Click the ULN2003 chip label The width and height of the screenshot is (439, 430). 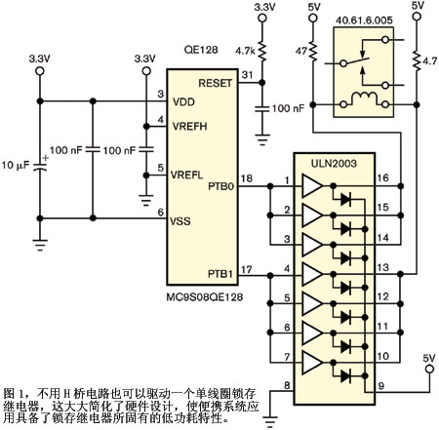pyautogui.click(x=334, y=163)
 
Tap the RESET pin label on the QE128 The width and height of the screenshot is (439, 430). pyautogui.click(x=216, y=83)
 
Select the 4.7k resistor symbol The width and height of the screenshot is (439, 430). pyautogui.click(x=262, y=51)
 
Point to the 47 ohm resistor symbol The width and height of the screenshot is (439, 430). pyautogui.click(x=313, y=51)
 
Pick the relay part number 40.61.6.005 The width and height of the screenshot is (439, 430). pyautogui.click(x=364, y=20)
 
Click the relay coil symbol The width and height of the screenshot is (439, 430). pyautogui.click(x=364, y=98)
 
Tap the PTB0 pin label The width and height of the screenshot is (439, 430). pyautogui.click(x=221, y=187)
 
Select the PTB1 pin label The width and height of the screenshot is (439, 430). pyautogui.click(x=220, y=274)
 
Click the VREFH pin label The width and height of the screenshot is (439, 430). pyautogui.click(x=190, y=127)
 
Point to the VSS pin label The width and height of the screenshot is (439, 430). pyautogui.click(x=180, y=221)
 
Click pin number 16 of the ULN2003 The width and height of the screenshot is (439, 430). pyautogui.click(x=382, y=178)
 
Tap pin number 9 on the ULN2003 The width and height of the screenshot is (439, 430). pyautogui.click(x=381, y=386)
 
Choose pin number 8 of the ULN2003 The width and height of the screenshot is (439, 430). pyautogui.click(x=287, y=385)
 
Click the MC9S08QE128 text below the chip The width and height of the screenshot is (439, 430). pyautogui.click(x=205, y=297)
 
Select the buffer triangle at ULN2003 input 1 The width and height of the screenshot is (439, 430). pyautogui.click(x=311, y=186)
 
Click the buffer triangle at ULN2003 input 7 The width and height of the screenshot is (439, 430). pyautogui.click(x=311, y=362)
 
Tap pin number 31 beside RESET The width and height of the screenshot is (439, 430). pyautogui.click(x=247, y=75)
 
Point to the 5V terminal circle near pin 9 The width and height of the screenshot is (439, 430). pyautogui.click(x=429, y=369)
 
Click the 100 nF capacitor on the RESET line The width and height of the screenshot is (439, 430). pyautogui.click(x=262, y=108)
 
